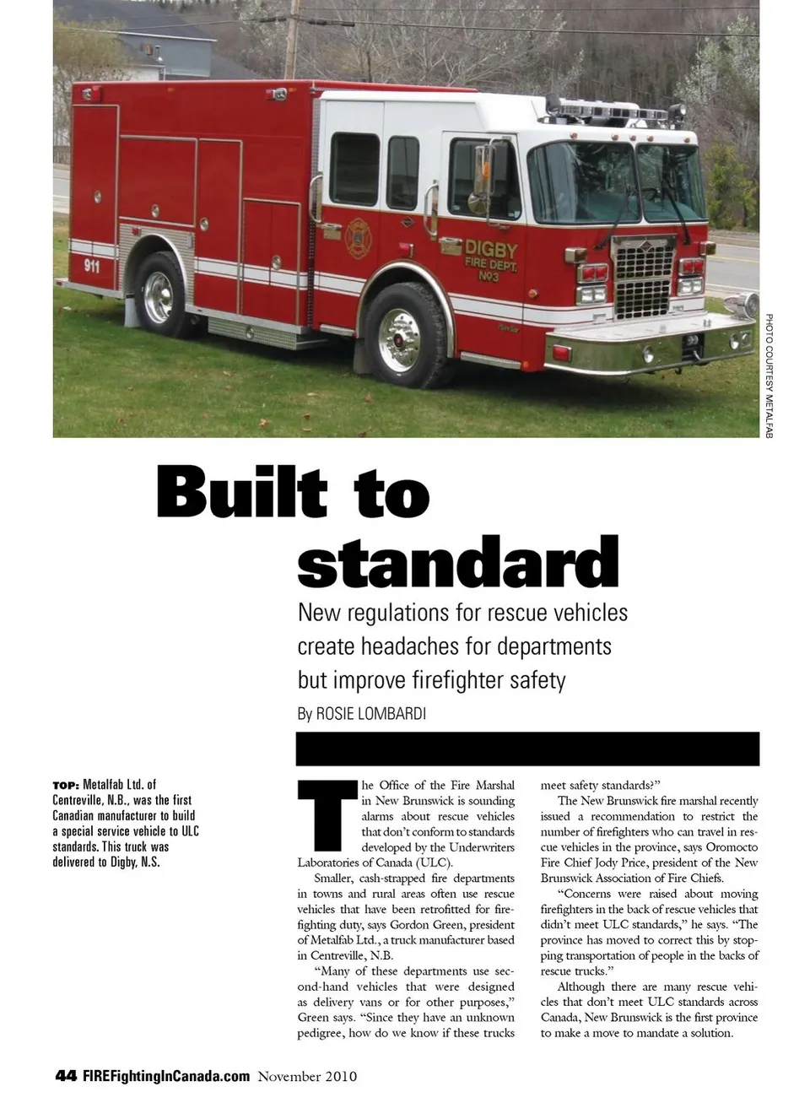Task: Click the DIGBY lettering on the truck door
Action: (490, 250)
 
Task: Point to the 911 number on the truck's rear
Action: (91, 266)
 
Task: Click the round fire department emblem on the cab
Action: (358, 238)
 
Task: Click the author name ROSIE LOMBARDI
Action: (370, 713)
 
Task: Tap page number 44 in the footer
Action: (65, 1076)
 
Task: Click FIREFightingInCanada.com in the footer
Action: (166, 1076)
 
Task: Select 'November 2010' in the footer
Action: (307, 1076)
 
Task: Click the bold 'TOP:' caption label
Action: (66, 785)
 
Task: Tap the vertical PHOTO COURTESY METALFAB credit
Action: (769, 376)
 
